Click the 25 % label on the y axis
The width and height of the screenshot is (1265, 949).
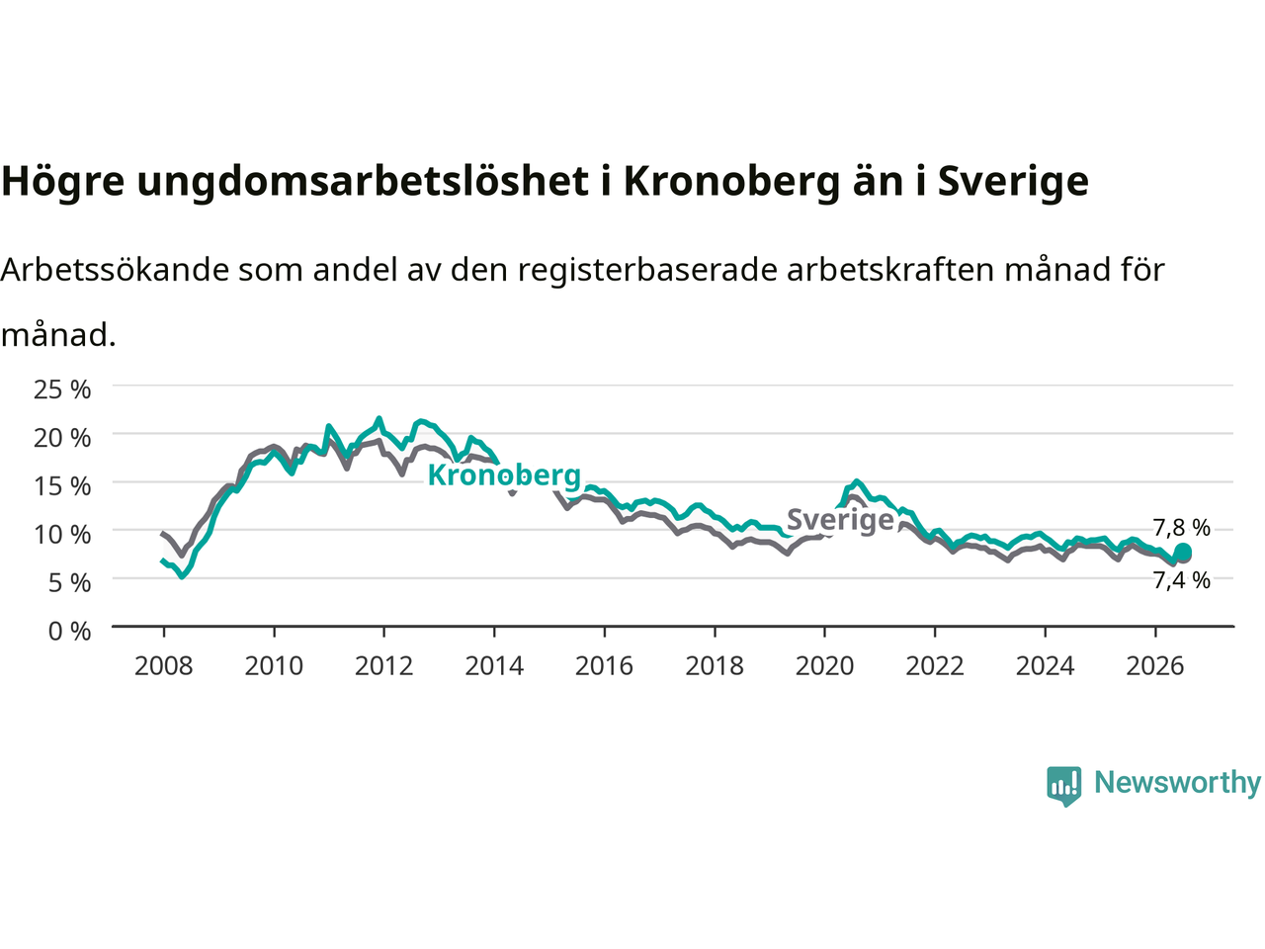point(62,390)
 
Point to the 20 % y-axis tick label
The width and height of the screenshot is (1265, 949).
point(62,439)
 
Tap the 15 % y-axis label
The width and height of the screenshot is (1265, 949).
point(62,487)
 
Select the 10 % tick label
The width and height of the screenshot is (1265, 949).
point(62,535)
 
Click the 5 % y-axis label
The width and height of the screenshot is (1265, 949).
point(70,583)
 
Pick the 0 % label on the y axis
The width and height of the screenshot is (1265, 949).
point(70,632)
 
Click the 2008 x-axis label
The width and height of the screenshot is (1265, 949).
point(164,666)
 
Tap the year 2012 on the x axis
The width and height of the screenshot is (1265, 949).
point(383,666)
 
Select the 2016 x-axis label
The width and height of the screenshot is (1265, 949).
point(604,666)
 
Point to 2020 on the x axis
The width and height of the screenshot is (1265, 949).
point(824,666)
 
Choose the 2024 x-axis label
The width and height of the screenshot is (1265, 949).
point(1045,666)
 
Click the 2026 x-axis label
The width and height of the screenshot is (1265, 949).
point(1155,666)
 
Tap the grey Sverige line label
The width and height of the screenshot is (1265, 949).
point(840,520)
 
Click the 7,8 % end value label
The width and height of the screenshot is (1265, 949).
point(1181,527)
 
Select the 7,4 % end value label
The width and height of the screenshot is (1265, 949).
point(1181,580)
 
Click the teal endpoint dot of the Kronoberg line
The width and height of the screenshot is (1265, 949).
point(1183,552)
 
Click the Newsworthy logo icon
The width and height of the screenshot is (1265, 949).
point(1063,786)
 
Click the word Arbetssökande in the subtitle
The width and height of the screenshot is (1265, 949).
point(116,270)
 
